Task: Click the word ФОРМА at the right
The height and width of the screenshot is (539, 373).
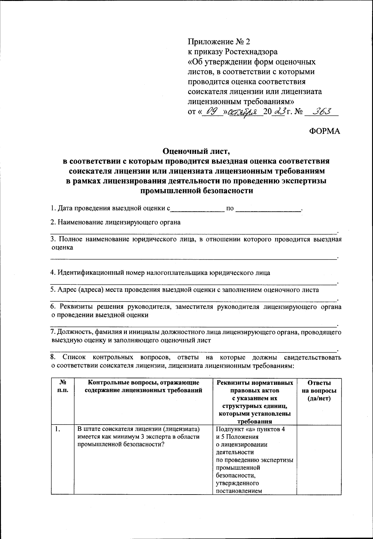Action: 324,131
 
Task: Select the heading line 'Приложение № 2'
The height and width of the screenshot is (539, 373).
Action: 219,41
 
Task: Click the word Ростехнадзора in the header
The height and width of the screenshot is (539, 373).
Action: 252,52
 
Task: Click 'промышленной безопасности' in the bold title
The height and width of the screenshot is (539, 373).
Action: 197,191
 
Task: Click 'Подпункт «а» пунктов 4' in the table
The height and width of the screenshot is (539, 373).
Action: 250,430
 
